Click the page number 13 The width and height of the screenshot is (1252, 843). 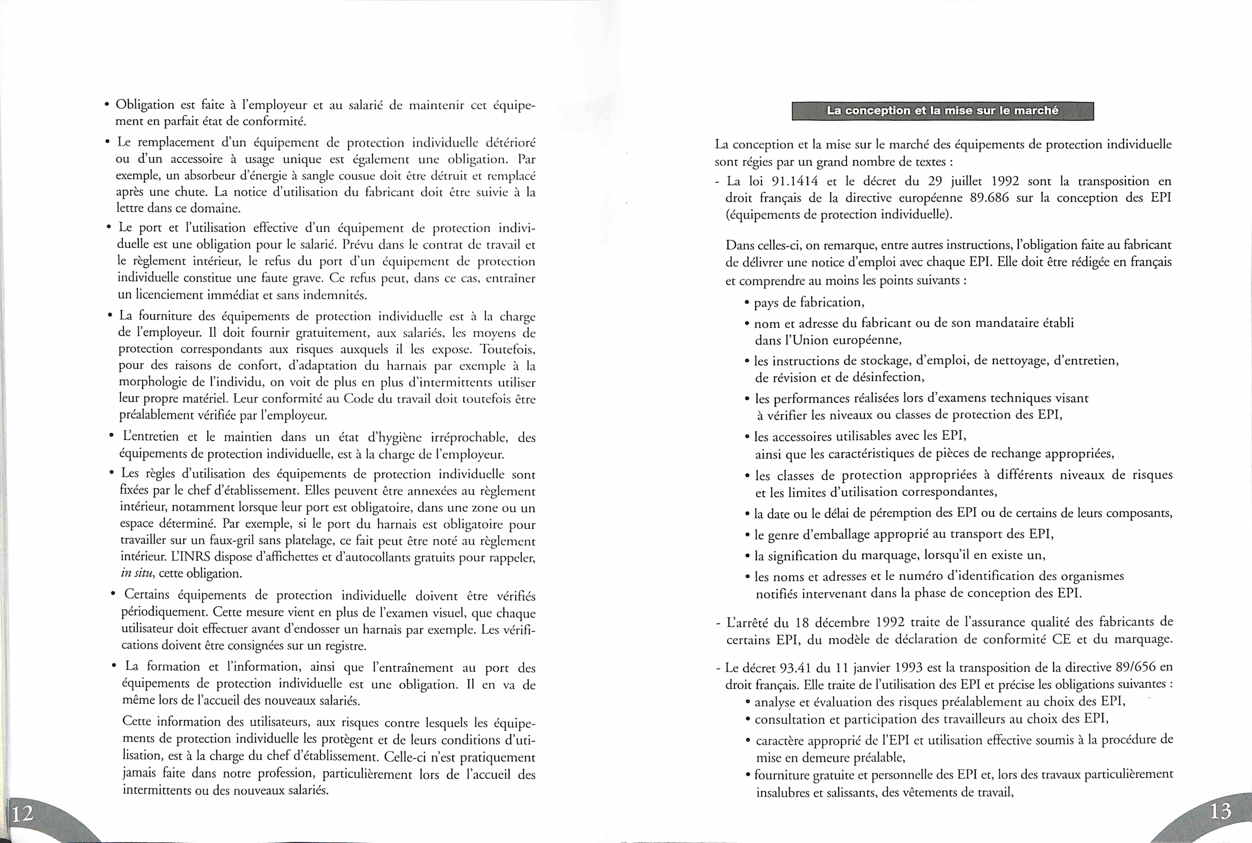1220,810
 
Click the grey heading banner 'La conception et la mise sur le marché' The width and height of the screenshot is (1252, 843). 942,111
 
